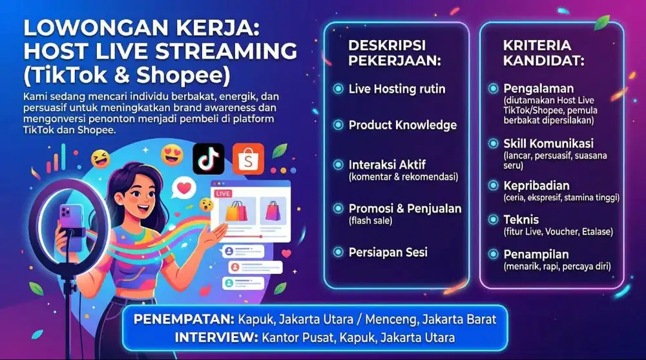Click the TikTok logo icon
tap(208, 159)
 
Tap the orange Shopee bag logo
tap(249, 159)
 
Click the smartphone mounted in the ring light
tap(70, 219)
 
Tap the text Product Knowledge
tap(402, 125)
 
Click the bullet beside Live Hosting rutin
tap(338, 89)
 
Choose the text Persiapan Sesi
tap(388, 252)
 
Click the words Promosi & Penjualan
tap(405, 208)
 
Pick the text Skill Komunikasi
tap(548, 143)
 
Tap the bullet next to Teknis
tap(492, 220)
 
